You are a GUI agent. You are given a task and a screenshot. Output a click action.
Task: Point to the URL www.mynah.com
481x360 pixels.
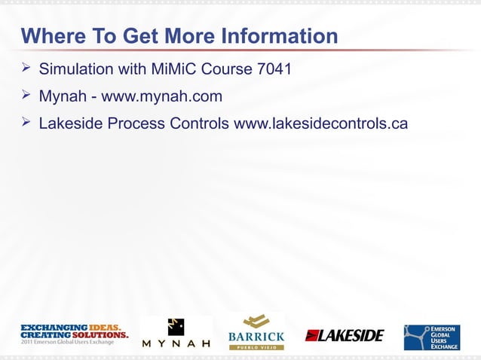[x=162, y=96]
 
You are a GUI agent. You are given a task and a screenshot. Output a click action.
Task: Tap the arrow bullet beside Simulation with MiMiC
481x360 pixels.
[x=26, y=70]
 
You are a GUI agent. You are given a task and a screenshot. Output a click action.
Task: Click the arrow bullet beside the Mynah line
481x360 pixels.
[x=26, y=96]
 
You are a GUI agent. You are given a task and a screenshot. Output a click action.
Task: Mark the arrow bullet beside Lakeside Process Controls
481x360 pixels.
[x=26, y=121]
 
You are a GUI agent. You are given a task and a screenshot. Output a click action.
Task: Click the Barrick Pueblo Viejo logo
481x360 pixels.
[x=256, y=331]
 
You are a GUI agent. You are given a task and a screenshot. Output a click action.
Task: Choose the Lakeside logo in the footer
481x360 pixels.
[x=345, y=335]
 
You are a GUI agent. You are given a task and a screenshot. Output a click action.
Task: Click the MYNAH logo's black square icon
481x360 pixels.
[x=176, y=326]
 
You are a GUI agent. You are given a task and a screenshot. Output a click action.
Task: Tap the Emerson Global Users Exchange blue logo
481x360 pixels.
[x=431, y=337]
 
